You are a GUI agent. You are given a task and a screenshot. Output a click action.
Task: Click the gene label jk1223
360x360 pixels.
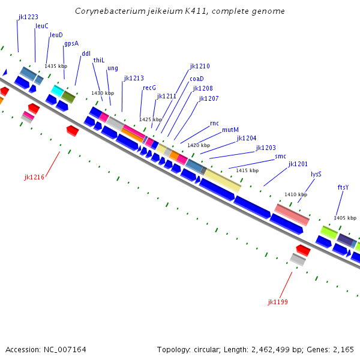point(28,17)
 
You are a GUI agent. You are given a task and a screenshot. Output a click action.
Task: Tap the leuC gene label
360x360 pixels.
point(42,26)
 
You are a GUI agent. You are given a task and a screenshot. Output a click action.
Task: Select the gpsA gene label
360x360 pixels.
point(71,43)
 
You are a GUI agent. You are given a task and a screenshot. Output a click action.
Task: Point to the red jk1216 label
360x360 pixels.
point(34,177)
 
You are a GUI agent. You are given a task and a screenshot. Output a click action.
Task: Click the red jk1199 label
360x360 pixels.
point(278,302)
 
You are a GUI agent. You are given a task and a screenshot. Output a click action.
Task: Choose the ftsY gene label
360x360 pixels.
point(343,187)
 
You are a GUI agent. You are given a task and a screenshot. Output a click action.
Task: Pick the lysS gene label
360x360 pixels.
point(316,174)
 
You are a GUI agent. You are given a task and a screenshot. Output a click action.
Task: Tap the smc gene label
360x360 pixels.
point(280,156)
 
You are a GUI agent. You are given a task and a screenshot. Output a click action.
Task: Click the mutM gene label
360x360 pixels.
point(230,130)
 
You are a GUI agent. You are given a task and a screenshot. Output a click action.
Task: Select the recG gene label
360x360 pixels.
point(149,88)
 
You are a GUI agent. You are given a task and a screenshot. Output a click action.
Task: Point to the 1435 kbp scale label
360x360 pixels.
point(56,66)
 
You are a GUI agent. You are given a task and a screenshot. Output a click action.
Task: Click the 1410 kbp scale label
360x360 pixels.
point(296,194)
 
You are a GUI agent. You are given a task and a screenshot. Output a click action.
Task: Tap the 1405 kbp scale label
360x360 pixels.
point(345,218)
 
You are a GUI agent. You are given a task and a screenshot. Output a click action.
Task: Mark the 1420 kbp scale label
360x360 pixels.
point(199,145)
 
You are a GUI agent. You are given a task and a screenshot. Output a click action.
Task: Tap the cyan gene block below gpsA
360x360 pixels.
point(58,90)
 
